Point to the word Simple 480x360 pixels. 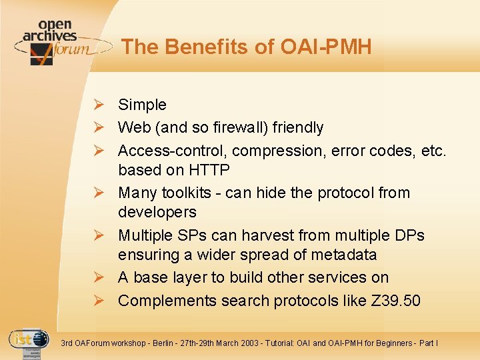pos(142,105)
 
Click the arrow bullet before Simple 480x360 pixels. pos(98,105)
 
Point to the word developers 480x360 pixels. pos(157,212)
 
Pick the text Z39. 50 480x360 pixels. pos(394,300)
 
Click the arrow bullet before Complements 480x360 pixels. pos(98,300)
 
